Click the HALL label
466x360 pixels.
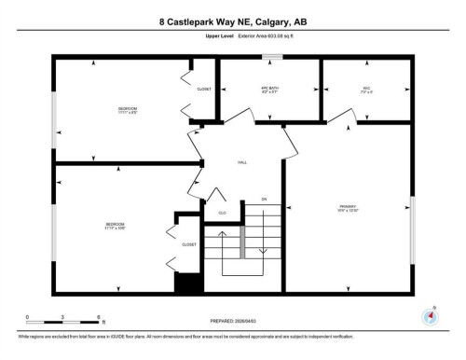coord(241,163)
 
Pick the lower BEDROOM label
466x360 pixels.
coord(115,227)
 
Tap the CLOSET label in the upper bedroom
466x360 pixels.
coord(203,90)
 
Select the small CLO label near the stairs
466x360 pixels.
coord(222,214)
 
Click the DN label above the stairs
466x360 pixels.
coord(264,200)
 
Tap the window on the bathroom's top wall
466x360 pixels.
coord(271,58)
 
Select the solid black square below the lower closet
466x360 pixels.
coord(189,284)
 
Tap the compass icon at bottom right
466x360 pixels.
coord(430,315)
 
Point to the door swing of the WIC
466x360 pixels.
coord(343,116)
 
